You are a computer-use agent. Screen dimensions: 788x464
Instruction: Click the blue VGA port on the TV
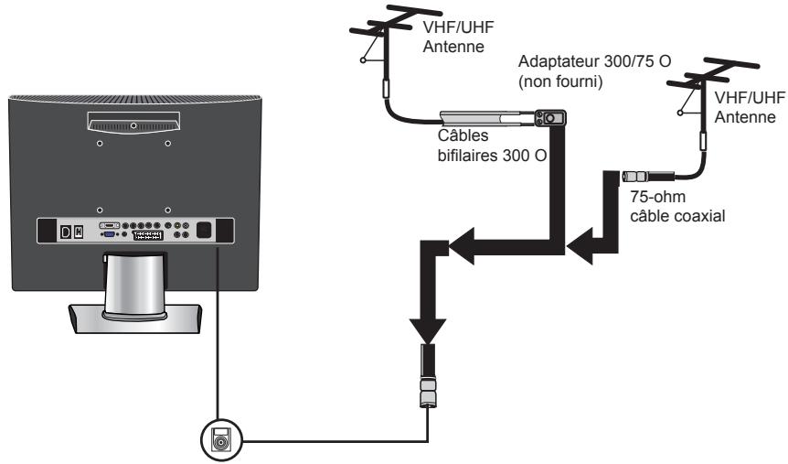(109, 234)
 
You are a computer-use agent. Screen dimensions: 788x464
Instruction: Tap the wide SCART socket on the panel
(148, 235)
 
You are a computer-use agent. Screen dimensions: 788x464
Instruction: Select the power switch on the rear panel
(79, 232)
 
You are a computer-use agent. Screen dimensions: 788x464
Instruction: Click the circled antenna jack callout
(221, 440)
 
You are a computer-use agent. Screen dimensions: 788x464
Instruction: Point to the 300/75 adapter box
(550, 118)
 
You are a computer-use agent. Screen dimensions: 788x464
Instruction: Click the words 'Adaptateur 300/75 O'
(594, 61)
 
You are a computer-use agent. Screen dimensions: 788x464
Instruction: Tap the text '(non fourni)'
(560, 81)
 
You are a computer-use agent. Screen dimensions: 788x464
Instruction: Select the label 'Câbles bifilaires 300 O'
(492, 146)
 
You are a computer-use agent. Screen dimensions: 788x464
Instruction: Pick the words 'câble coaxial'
(677, 216)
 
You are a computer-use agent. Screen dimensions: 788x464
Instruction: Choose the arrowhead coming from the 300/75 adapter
(462, 246)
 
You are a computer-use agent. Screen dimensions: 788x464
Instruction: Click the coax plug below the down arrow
(428, 376)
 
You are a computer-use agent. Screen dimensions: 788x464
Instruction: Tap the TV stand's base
(134, 319)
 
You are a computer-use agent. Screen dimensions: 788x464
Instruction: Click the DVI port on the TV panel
(109, 225)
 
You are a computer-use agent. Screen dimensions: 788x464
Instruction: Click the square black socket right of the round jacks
(203, 230)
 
